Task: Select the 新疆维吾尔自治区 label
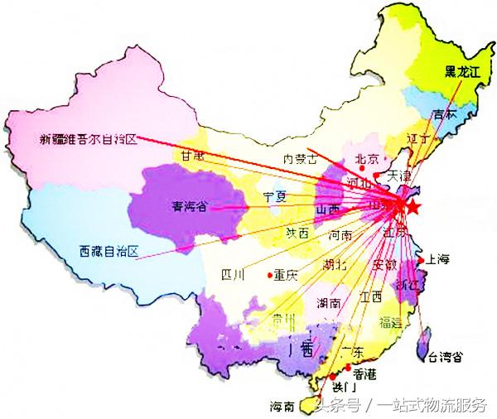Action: click(x=88, y=139)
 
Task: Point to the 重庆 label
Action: click(x=286, y=276)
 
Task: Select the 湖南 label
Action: click(x=329, y=303)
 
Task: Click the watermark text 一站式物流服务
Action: click(x=432, y=406)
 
